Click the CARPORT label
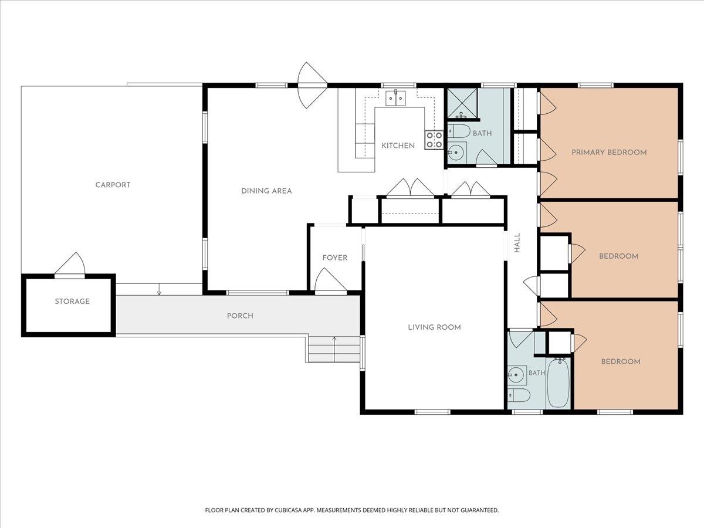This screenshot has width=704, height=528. tap(113, 185)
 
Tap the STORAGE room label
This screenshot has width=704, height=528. tap(72, 302)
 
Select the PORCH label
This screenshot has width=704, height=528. tap(240, 316)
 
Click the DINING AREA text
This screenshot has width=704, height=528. tap(266, 191)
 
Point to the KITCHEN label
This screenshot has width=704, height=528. tap(398, 146)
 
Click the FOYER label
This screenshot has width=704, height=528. tap(335, 258)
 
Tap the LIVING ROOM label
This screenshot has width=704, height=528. tap(434, 327)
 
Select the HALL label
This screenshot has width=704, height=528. tap(517, 243)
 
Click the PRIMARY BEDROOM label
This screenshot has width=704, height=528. tap(609, 153)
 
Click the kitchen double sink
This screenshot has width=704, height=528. tap(396, 98)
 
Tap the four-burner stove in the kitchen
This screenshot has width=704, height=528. tap(434, 140)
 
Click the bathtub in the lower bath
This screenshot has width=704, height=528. tap(558, 383)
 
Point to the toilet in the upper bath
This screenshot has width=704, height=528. tap(459, 131)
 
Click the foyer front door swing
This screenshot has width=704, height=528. tap(330, 280)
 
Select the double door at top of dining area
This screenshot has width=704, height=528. tap(312, 85)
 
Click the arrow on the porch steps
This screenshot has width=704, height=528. tap(334, 349)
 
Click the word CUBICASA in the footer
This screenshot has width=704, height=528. tap(288, 510)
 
